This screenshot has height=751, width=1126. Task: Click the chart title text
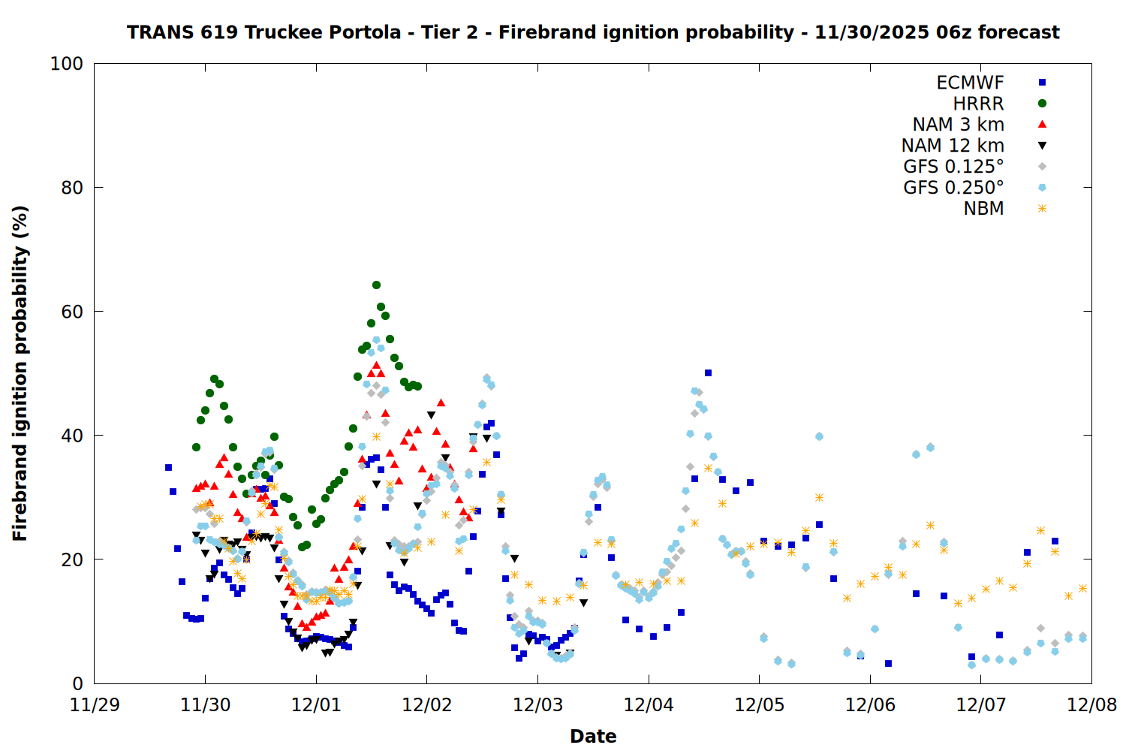(593, 32)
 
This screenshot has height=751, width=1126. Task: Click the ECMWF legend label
(970, 83)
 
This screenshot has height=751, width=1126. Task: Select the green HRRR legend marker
(1042, 104)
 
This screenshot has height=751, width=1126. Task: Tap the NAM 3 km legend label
(958, 125)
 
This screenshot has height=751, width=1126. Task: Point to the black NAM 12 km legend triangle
(1042, 146)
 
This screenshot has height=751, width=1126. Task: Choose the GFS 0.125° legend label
(953, 167)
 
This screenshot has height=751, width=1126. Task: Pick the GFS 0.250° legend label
(953, 188)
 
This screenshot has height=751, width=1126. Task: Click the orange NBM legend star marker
(1042, 209)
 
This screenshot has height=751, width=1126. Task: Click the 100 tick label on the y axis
(66, 64)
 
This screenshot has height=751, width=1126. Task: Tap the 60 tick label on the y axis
(71, 312)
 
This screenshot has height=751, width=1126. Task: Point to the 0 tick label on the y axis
(77, 683)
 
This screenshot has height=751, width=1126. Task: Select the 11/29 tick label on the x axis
(95, 705)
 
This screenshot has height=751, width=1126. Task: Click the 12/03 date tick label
(537, 705)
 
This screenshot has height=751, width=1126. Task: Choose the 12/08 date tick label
(1091, 705)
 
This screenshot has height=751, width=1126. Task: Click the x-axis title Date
(593, 736)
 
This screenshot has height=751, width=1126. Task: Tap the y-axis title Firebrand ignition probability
(20, 373)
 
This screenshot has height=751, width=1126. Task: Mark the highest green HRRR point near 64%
(376, 285)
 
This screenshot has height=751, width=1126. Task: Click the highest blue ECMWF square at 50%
(708, 373)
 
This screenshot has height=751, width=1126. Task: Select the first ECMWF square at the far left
(168, 467)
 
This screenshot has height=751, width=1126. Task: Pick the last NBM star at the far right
(1082, 589)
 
